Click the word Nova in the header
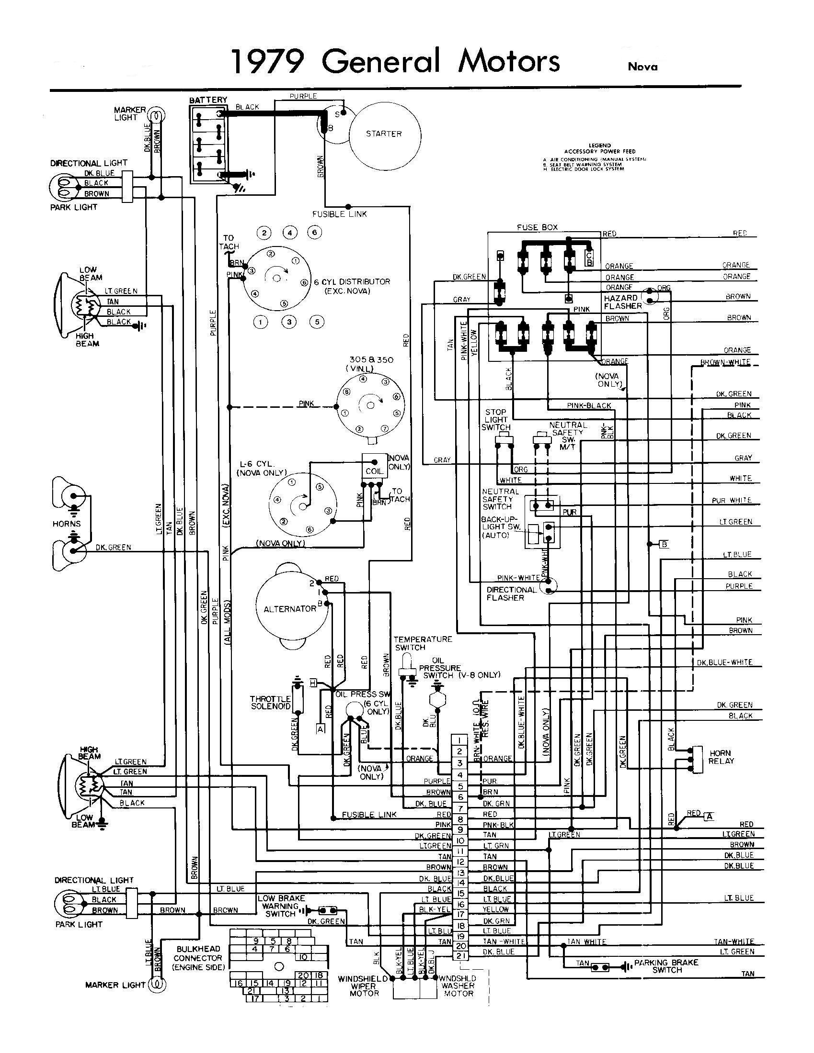[x=642, y=67]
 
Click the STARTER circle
[x=384, y=134]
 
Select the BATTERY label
[x=208, y=100]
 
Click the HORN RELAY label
[x=721, y=757]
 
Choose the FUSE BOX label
[x=537, y=227]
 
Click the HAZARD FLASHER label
[x=622, y=302]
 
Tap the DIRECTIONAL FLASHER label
[x=511, y=594]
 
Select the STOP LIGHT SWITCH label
[x=495, y=419]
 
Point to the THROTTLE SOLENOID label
[x=270, y=703]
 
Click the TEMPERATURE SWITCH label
[x=423, y=643]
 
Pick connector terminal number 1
[x=460, y=740]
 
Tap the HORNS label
[x=67, y=524]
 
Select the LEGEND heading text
[x=600, y=145]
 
